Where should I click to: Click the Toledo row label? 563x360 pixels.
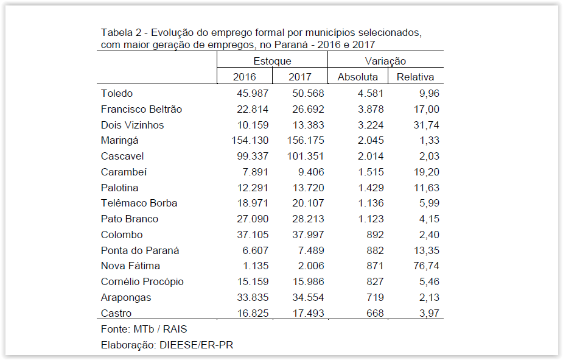tap(117, 94)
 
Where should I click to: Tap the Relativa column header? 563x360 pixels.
tap(415, 77)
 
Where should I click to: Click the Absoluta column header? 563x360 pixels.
tap(357, 77)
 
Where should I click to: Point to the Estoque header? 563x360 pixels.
tap(272, 61)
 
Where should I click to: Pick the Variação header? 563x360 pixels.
tap(385, 61)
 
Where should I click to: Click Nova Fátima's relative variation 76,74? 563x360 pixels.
tap(425, 266)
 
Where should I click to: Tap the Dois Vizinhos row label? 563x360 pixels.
tap(132, 125)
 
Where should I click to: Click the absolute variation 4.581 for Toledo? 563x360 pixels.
tap(370, 94)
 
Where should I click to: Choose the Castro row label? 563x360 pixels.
tap(116, 313)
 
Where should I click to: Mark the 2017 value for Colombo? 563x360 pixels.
tap(307, 235)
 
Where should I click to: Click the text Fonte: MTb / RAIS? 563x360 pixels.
tap(144, 330)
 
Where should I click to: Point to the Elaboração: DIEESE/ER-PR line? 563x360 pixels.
tap(167, 345)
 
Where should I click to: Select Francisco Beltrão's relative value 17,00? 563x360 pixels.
tap(425, 110)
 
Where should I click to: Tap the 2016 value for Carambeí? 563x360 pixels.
tap(255, 172)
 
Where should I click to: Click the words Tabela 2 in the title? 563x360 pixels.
tap(121, 32)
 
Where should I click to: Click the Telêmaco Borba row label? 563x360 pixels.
tap(139, 203)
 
